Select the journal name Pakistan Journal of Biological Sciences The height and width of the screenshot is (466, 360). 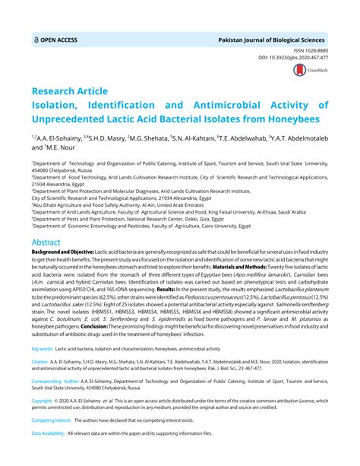click(x=272, y=37)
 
